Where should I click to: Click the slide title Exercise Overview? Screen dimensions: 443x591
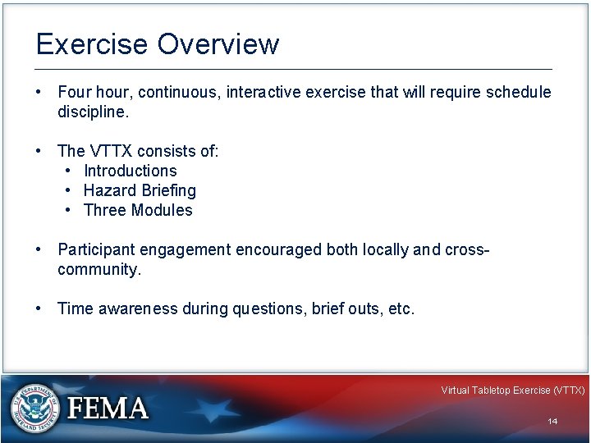pyautogui.click(x=157, y=44)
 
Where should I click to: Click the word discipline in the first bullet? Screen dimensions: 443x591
pyautogui.click(x=93, y=112)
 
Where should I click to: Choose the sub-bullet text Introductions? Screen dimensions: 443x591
pyautogui.click(x=131, y=171)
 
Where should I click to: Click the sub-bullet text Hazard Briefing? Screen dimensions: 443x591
pyautogui.click(x=140, y=190)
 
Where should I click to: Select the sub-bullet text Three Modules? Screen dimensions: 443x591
pyautogui.click(x=138, y=210)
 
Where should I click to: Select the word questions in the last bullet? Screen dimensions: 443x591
pyautogui.click(x=268, y=308)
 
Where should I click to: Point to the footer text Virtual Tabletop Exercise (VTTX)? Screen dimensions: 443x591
pyautogui.click(x=512, y=390)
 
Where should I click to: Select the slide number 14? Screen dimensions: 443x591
pyautogui.click(x=552, y=421)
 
